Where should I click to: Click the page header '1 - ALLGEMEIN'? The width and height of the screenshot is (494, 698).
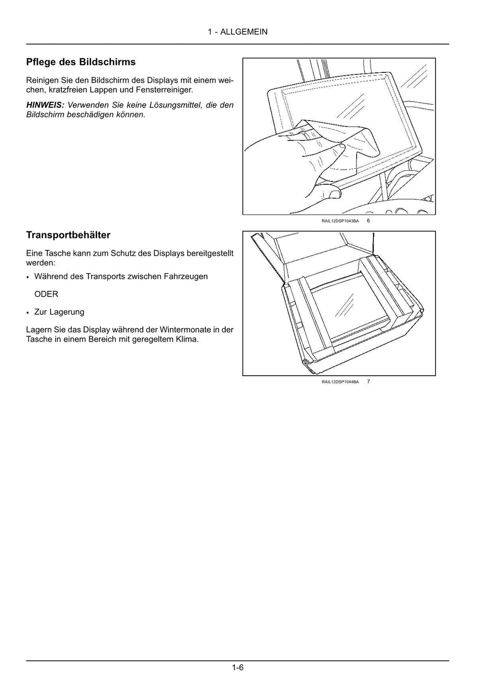(237, 32)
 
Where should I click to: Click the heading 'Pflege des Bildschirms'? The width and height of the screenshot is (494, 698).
(81, 62)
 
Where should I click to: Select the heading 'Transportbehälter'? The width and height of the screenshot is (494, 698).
(68, 235)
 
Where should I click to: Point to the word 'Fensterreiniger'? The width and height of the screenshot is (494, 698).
(164, 90)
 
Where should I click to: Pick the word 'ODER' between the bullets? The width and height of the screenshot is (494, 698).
(46, 294)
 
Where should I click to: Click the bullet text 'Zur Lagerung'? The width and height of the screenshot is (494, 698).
(59, 312)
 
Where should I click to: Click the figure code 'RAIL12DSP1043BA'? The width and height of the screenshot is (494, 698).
(340, 221)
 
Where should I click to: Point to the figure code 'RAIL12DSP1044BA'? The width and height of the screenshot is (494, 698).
(340, 382)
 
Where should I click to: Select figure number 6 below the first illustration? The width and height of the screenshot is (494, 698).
(369, 220)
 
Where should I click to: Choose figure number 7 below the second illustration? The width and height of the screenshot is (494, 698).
(369, 382)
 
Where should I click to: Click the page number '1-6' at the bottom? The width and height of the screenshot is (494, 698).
(237, 668)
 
